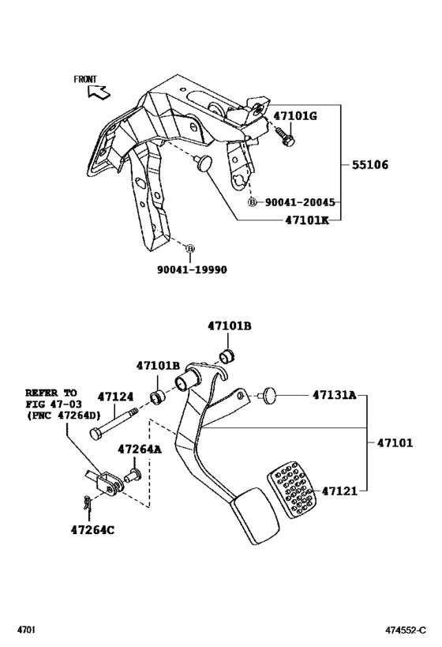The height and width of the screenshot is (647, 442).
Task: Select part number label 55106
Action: coord(369,166)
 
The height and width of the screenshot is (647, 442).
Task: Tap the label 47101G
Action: coord(294,116)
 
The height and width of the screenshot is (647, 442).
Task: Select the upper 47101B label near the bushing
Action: coord(230,325)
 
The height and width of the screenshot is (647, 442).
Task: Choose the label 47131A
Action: coord(334,394)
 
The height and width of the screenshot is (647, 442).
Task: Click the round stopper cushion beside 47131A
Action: coord(269,394)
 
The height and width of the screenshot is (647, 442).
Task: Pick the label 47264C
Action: coord(92,529)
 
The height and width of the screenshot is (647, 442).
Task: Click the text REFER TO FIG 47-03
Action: coord(51,403)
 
